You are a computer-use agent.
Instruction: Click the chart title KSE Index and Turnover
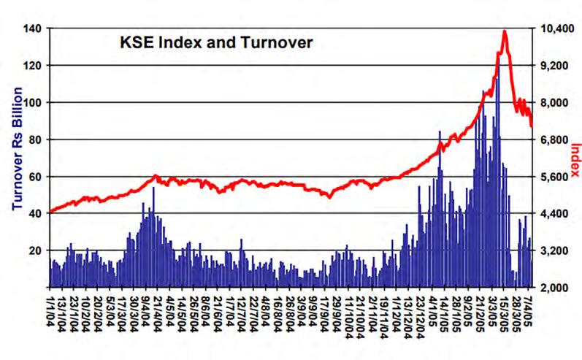click(x=216, y=42)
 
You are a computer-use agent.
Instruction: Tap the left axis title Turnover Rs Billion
click(x=18, y=149)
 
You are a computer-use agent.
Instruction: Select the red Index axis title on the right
click(x=575, y=160)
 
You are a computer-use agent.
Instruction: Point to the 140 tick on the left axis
click(x=32, y=28)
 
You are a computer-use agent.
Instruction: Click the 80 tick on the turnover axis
click(x=35, y=139)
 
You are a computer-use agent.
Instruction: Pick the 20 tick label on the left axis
click(x=35, y=250)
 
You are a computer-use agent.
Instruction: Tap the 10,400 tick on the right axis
click(x=555, y=28)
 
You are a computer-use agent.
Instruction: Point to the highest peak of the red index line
click(x=505, y=31)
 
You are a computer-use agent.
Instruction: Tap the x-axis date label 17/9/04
click(x=324, y=309)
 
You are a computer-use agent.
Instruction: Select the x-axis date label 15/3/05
click(x=503, y=309)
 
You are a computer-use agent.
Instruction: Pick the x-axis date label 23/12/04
click(x=420, y=312)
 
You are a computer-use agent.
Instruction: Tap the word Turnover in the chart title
click(x=277, y=42)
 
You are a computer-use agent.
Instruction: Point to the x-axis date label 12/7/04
click(x=241, y=309)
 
